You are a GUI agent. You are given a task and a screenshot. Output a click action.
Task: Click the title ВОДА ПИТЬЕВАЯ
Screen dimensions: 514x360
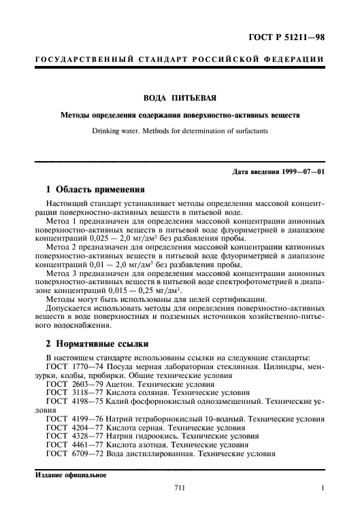click(x=180, y=98)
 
